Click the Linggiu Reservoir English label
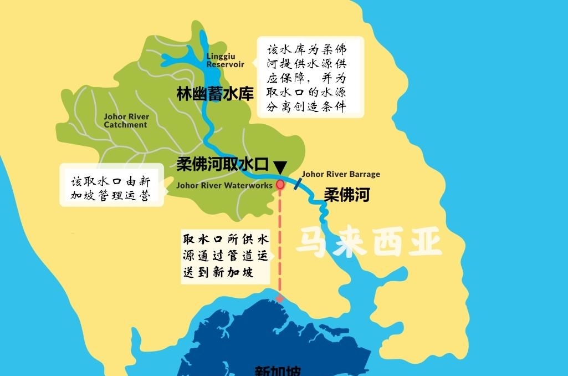coord(226,60)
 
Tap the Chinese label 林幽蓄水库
coord(215,94)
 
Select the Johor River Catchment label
coord(126,121)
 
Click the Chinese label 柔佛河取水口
coord(223,165)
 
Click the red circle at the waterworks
coord(280,184)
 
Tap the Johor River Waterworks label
coord(224,185)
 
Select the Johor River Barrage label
coord(341,174)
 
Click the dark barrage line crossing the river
coord(298,184)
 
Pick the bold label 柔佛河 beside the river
coord(346,195)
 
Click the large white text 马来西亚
coord(369,242)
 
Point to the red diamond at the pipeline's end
coord(280,298)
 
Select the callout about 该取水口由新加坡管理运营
coord(110,189)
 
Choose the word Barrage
coord(364,174)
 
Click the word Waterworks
coord(249,185)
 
